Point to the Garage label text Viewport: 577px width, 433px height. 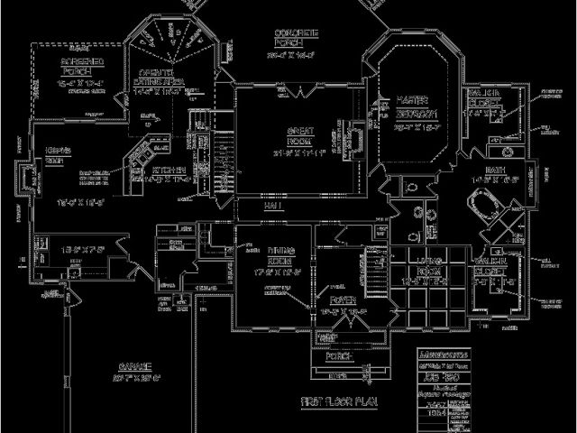coord(133,367)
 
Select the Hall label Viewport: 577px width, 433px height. coord(271,207)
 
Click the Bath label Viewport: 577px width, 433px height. coord(495,169)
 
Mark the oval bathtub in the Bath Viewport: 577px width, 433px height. coord(493,207)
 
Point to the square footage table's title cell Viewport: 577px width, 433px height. coord(447,355)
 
